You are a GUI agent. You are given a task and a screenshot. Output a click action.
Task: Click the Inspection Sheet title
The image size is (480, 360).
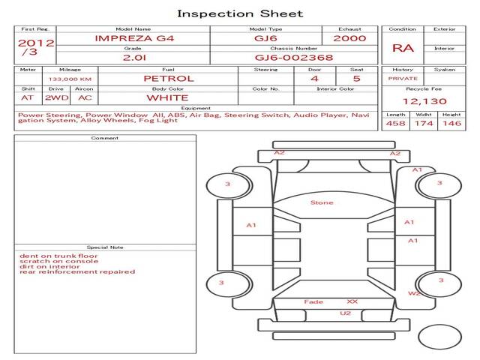pos(240,13)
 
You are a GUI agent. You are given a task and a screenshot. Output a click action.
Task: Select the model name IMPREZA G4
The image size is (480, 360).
pos(134,38)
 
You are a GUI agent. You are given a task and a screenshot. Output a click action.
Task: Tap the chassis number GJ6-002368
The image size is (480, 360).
pos(294,58)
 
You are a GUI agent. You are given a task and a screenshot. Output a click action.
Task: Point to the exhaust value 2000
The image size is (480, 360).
pos(349,38)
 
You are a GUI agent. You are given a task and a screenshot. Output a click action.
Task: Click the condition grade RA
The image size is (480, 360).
pos(403,48)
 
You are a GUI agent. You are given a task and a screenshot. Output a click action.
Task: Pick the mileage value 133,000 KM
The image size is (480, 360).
pos(70,79)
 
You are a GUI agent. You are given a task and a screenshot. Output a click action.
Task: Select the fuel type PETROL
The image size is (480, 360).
pos(169,79)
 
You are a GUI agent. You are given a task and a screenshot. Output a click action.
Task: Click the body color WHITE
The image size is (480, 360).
pos(168,98)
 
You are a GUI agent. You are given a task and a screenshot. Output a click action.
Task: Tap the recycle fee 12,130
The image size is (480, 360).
pos(424,101)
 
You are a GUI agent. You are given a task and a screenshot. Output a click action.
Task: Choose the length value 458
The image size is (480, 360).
pos(395,123)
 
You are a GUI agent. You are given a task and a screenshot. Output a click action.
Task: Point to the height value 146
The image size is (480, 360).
pos(451,123)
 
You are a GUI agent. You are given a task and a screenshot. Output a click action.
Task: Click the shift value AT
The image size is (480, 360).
pos(27,98)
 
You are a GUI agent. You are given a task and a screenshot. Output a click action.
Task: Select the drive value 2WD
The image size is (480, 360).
pos(57,98)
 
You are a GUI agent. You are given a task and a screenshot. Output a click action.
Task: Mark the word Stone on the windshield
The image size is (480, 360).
pos(322,202)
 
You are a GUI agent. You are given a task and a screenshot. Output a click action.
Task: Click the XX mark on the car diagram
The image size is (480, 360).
pos(352,301)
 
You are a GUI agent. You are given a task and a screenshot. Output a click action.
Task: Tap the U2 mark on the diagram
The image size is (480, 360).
pos(345,313)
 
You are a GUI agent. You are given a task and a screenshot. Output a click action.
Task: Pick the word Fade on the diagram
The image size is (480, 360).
pos(313,301)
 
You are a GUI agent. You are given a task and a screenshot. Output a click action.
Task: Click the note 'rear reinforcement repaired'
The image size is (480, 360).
pos(77,271)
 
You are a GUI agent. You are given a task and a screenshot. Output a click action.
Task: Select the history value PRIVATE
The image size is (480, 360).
pos(403,79)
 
